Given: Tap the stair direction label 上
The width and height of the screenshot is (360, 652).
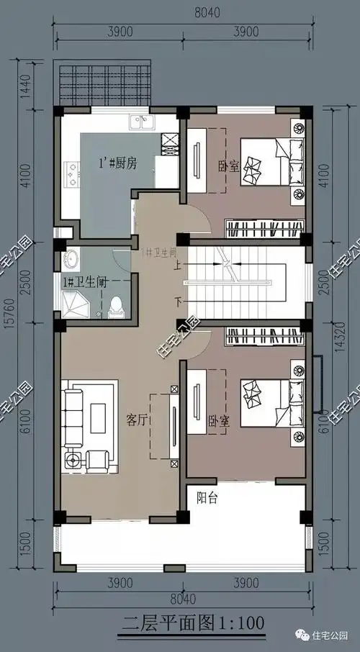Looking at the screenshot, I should [x=178, y=264].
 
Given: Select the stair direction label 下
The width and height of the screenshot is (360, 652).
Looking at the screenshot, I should [x=178, y=299].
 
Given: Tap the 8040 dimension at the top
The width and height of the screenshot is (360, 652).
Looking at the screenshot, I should [x=185, y=13].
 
